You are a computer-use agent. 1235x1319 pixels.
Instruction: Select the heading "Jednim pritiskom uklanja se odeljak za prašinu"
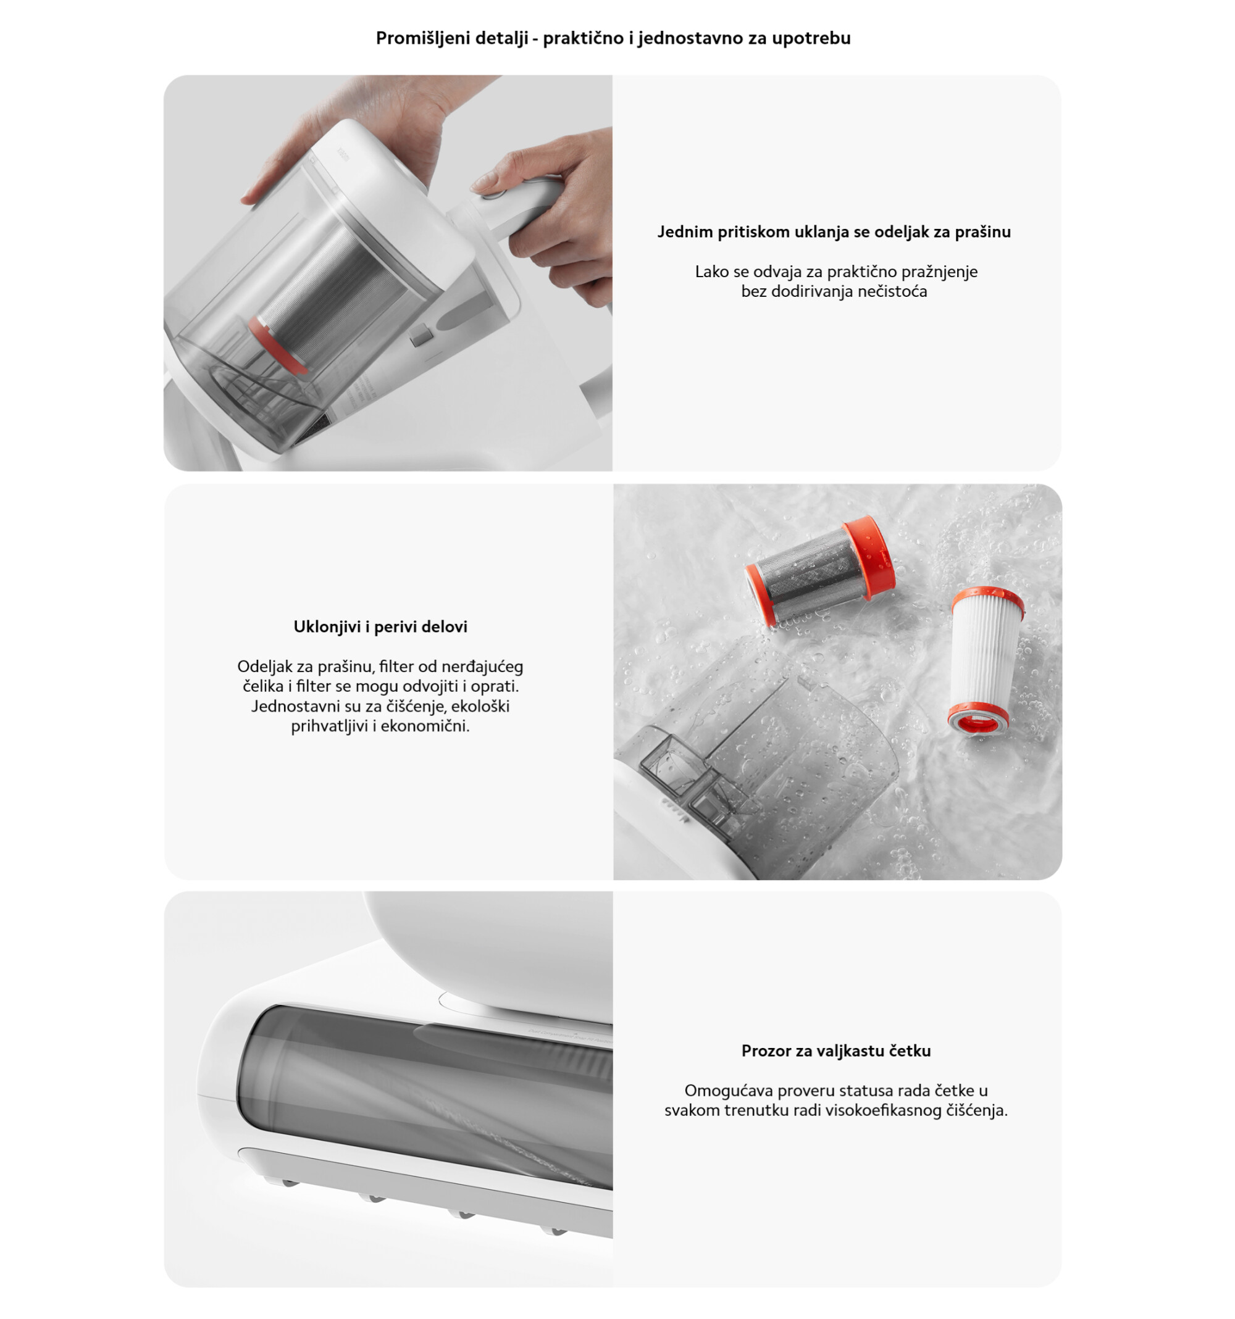[834, 231]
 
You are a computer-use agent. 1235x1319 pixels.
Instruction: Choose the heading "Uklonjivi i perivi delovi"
[380, 626]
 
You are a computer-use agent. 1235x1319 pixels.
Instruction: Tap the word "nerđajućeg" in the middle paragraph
[482, 666]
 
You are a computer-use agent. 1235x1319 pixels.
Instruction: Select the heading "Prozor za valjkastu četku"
[835, 1051]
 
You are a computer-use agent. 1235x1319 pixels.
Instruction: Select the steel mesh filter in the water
[819, 570]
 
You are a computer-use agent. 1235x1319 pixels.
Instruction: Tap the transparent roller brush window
[425, 1098]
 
